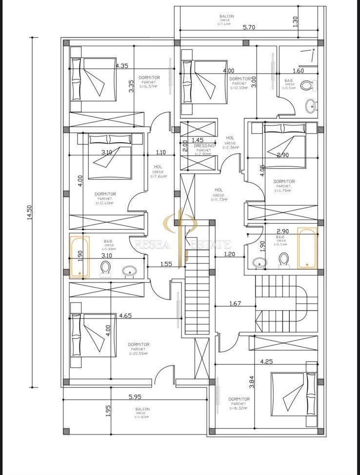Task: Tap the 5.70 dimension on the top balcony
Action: click(x=249, y=27)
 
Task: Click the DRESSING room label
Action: click(x=204, y=146)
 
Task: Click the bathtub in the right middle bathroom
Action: click(x=307, y=248)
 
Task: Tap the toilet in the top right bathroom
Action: click(x=307, y=86)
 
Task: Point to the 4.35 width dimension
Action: click(x=122, y=65)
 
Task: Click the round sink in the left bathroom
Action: click(x=129, y=270)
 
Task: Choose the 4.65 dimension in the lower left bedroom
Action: click(x=126, y=316)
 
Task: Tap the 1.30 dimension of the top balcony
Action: click(x=295, y=21)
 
